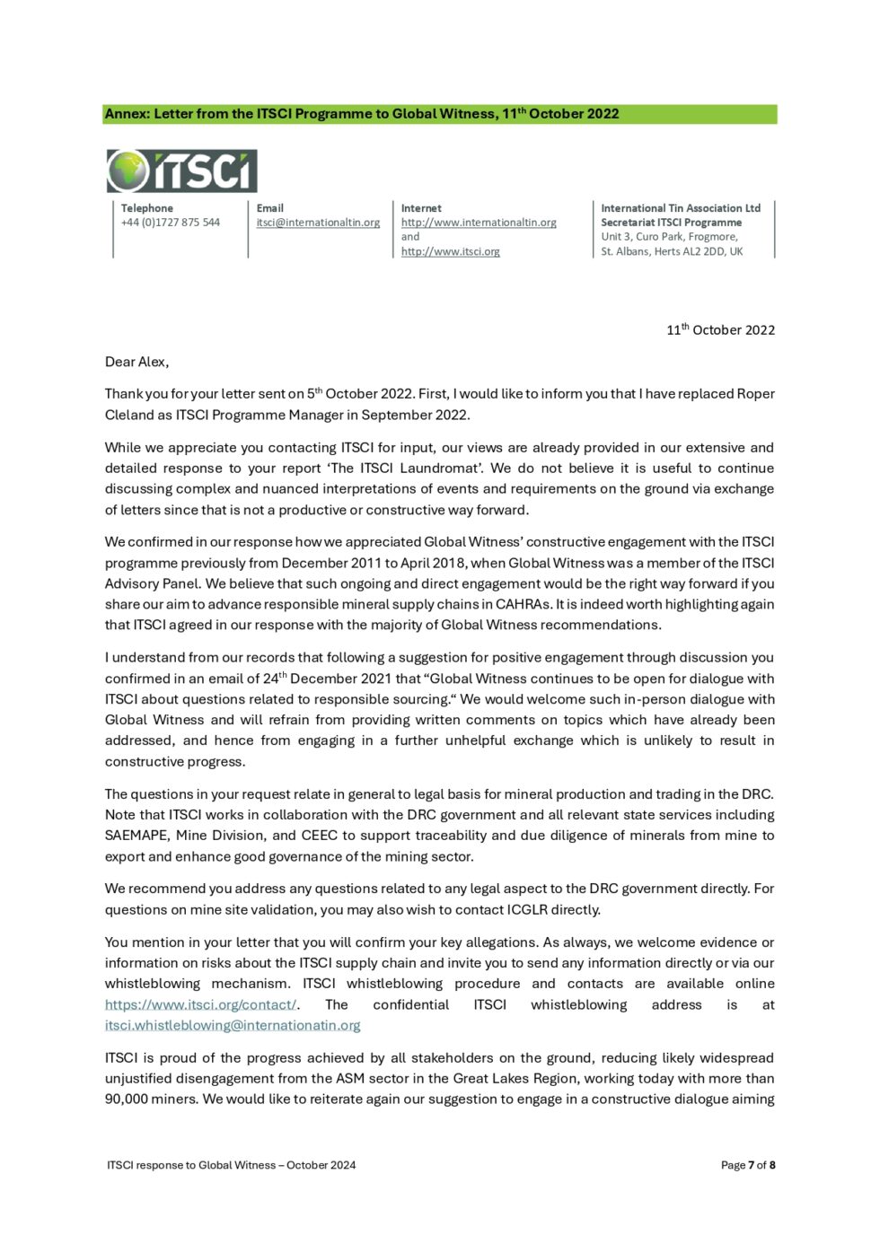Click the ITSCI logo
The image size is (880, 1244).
click(x=182, y=171)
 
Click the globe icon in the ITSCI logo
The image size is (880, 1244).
click(x=128, y=171)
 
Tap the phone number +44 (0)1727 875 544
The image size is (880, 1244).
click(x=171, y=223)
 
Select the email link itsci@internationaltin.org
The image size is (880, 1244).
click(x=318, y=223)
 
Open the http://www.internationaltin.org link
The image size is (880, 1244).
click(x=479, y=223)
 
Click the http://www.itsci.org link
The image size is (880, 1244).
click(x=450, y=251)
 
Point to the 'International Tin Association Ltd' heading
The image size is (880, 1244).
click(x=680, y=208)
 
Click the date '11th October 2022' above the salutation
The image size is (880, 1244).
click(x=720, y=330)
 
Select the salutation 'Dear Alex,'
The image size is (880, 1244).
click(x=136, y=362)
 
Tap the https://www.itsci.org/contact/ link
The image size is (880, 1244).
click(x=200, y=1004)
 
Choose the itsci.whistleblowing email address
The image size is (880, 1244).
click(x=233, y=1025)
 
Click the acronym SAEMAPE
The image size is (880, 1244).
click(x=136, y=835)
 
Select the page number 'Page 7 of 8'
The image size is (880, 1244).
click(x=747, y=1165)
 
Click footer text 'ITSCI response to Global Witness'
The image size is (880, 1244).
click(x=190, y=1165)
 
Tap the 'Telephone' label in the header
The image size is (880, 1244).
click(x=147, y=208)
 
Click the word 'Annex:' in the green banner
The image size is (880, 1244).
click(x=127, y=114)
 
